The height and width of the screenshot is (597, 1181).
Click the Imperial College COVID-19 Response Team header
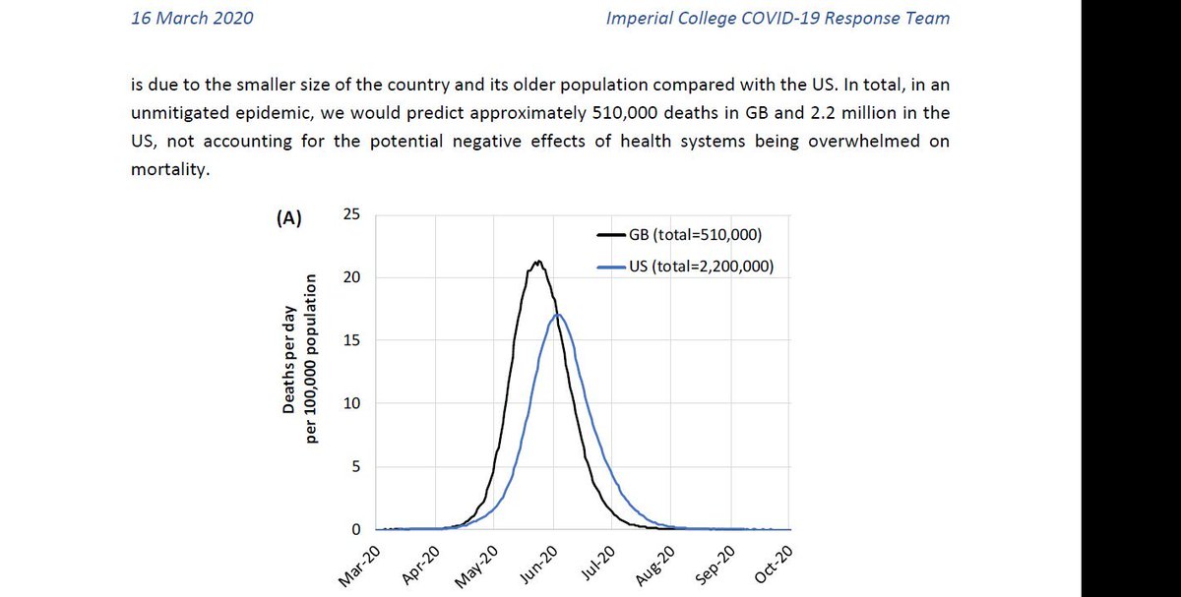[778, 19]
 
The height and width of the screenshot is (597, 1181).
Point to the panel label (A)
[288, 220]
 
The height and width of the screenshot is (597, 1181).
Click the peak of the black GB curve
[537, 262]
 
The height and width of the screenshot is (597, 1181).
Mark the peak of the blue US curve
[557, 315]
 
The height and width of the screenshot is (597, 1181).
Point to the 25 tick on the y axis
[350, 215]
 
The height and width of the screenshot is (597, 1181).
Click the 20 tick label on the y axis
[350, 278]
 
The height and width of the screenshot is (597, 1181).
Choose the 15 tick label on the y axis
[350, 341]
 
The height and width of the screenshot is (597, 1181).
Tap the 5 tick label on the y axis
[355, 467]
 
